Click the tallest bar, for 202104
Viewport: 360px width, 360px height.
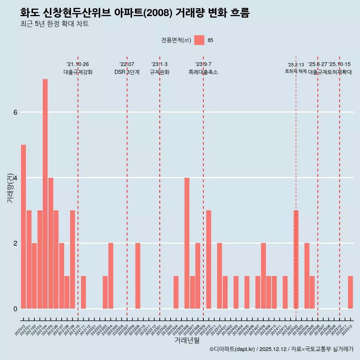point(45,194)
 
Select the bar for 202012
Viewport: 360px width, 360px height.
point(23,226)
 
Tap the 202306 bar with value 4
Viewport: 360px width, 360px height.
point(187,243)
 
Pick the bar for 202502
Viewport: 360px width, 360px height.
point(296,259)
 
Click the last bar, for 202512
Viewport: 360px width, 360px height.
point(350,292)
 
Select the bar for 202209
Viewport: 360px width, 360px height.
point(138,276)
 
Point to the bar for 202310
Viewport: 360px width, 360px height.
point(208,259)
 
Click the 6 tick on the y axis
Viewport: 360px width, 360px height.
point(15,112)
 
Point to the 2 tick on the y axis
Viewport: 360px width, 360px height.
point(15,243)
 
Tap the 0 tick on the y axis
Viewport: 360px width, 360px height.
point(15,309)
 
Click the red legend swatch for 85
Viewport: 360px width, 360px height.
point(199,40)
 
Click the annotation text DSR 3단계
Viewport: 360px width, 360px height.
point(127,72)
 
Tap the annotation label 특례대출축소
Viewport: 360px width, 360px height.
point(203,72)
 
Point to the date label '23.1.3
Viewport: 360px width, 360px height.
point(159,64)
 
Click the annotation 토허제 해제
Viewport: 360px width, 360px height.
point(296,71)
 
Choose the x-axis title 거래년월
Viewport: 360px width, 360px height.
point(187,340)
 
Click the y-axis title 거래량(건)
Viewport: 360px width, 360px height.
point(10,187)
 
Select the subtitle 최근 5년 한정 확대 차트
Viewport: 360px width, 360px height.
point(54,24)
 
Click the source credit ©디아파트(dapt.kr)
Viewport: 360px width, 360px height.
point(232,349)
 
